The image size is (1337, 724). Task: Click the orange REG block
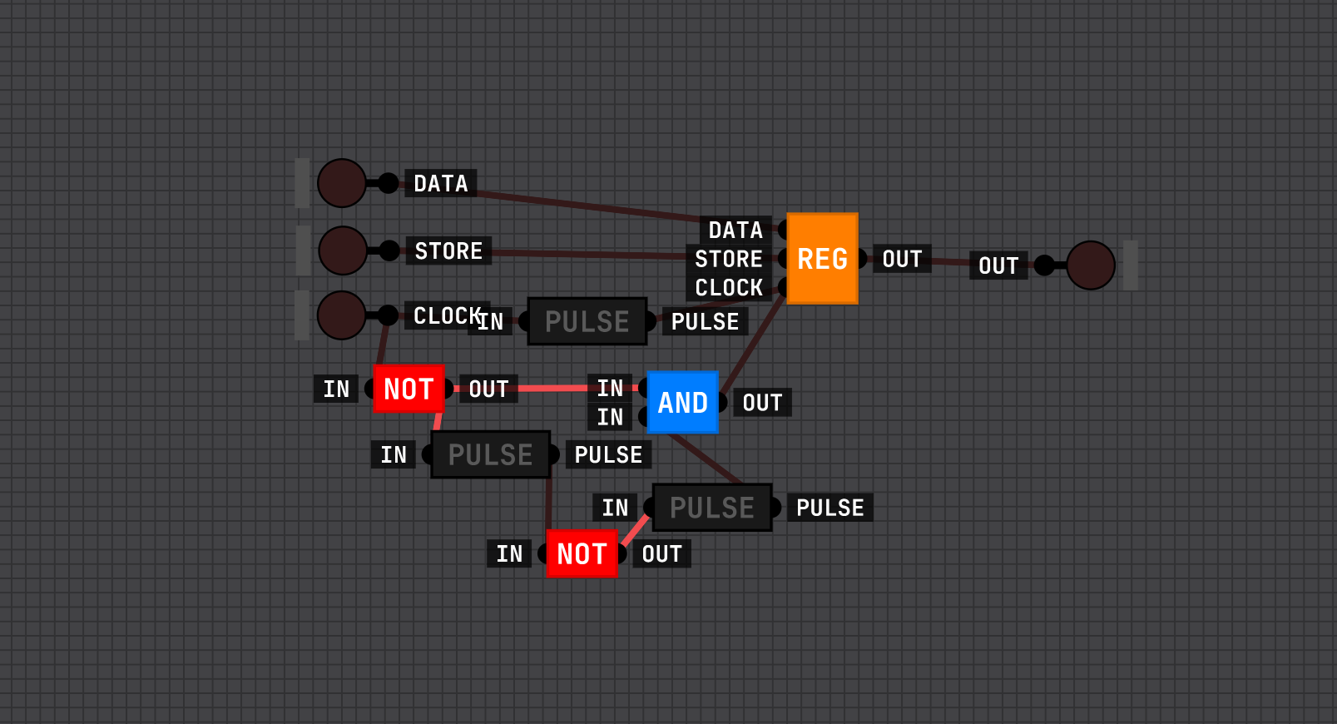click(x=822, y=259)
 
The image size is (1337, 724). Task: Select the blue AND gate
click(x=682, y=403)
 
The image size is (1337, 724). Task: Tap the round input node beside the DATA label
click(x=342, y=183)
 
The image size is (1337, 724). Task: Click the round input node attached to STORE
click(x=343, y=250)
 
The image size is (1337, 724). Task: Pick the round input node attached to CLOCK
click(x=341, y=315)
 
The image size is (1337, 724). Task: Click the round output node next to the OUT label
click(x=1090, y=265)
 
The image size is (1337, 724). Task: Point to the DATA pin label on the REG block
click(x=735, y=230)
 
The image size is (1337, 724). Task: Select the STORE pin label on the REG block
click(x=729, y=259)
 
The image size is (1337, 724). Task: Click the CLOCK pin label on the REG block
click(x=729, y=288)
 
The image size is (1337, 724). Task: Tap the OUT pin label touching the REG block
click(x=902, y=259)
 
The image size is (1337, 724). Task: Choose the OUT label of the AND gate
click(x=762, y=403)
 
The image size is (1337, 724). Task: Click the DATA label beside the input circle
click(x=441, y=183)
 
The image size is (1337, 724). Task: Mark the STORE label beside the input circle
click(x=448, y=250)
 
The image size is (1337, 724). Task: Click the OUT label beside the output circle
click(x=998, y=265)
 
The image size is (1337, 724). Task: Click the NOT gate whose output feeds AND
click(x=409, y=389)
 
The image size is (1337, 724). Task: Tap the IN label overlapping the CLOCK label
click(x=492, y=322)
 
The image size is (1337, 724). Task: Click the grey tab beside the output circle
click(x=1131, y=265)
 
